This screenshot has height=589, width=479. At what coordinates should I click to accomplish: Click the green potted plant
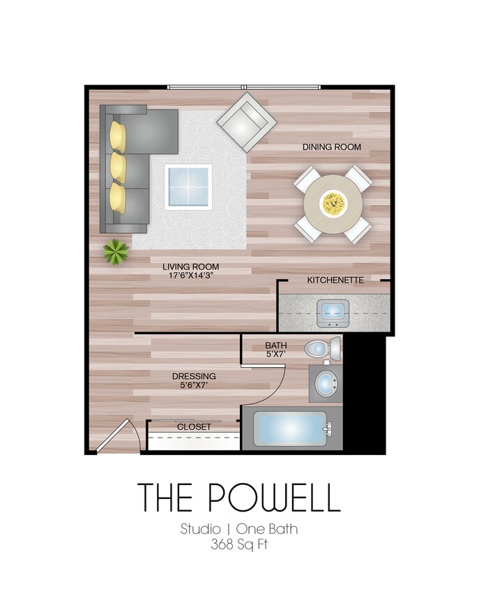[116, 251]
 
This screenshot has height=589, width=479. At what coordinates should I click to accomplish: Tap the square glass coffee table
[188, 186]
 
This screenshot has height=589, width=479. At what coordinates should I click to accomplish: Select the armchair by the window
[245, 122]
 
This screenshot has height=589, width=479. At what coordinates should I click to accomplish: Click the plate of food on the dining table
[333, 204]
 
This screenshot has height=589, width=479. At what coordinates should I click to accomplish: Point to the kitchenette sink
[333, 312]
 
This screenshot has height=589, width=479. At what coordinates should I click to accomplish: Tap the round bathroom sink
[325, 383]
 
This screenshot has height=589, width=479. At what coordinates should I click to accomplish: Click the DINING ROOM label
[331, 147]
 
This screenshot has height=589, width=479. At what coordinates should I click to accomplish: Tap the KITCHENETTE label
[335, 280]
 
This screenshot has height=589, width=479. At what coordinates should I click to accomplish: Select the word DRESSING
[194, 376]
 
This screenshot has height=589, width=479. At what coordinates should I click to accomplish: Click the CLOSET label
[194, 426]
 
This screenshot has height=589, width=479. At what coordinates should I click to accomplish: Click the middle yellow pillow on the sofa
[119, 167]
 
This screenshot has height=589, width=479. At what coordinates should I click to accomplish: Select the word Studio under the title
[200, 529]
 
